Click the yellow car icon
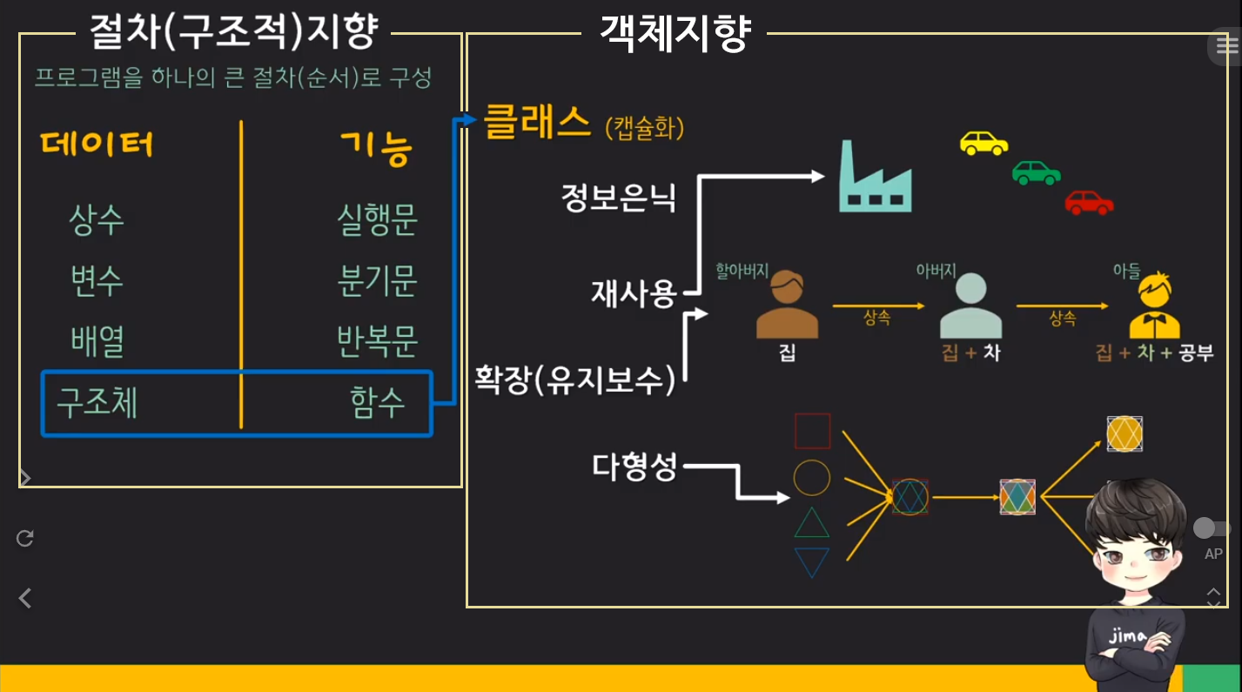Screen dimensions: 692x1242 (984, 143)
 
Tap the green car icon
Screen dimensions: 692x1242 (1036, 172)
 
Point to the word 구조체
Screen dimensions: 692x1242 (97, 403)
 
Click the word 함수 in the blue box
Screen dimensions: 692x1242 (377, 403)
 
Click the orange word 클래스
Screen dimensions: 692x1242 (537, 123)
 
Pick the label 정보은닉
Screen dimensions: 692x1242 (618, 198)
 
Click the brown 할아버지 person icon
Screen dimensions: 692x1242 (787, 306)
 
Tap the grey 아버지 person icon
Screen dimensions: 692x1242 (971, 306)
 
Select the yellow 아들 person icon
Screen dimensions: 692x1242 (1154, 306)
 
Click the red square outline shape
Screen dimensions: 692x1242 (812, 431)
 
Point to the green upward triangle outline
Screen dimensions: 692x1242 (812, 522)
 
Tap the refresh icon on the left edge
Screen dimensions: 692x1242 (25, 538)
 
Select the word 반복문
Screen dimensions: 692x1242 (377, 341)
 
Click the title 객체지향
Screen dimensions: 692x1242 (674, 35)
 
